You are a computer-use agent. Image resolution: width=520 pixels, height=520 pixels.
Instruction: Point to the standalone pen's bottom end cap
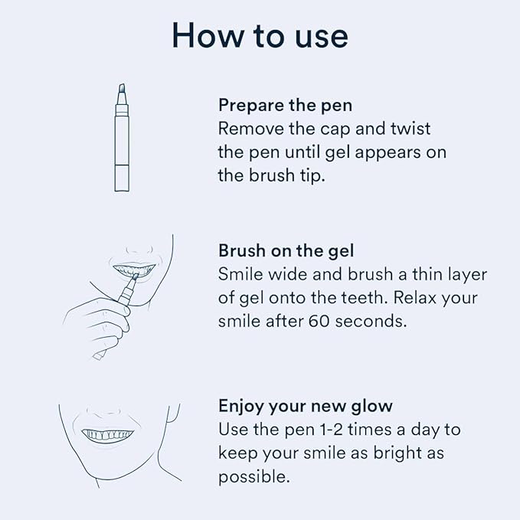[122, 182]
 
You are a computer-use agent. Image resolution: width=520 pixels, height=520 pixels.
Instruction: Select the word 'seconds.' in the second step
[374, 322]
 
